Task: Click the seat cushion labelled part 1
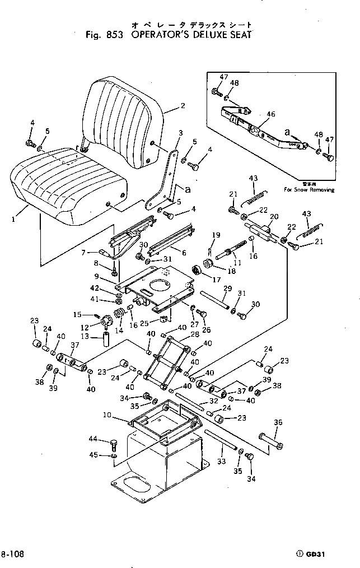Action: [67, 182]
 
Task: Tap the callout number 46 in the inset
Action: [270, 114]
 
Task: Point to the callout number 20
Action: [274, 217]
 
